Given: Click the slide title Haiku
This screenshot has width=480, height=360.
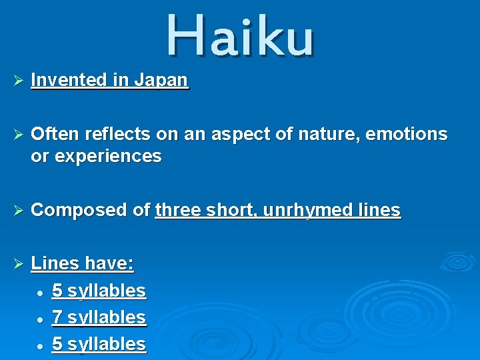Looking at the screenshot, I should click(x=239, y=35).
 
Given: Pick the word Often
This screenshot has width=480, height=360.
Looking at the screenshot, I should click(x=53, y=135).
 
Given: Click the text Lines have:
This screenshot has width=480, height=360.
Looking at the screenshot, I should click(x=83, y=264).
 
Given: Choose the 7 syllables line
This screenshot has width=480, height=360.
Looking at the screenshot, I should click(x=99, y=318).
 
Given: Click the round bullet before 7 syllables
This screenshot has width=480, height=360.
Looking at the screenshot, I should click(x=41, y=319).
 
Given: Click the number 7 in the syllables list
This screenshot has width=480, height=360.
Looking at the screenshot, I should click(x=57, y=318).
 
